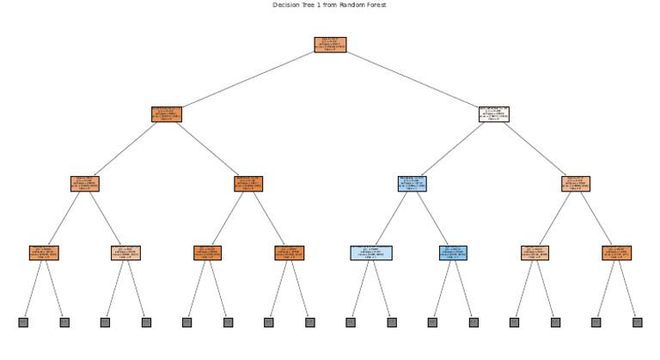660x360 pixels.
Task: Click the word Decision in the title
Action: (286, 5)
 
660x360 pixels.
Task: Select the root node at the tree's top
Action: (330, 45)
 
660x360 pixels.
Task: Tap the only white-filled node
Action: (493, 114)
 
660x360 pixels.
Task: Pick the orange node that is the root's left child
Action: (166, 114)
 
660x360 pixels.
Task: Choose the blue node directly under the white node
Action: (412, 184)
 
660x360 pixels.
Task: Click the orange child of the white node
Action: (575, 184)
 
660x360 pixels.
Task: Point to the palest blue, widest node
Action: (370, 253)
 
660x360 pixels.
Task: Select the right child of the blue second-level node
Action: (453, 253)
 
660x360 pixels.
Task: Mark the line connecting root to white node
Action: (412, 80)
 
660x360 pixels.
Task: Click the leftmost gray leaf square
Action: (23, 322)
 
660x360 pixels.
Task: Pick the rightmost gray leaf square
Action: (637, 322)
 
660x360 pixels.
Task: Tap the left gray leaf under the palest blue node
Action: (351, 322)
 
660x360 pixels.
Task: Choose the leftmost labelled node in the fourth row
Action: (44, 253)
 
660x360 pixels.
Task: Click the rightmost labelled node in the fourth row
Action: (616, 253)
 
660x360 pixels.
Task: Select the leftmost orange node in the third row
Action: (84, 184)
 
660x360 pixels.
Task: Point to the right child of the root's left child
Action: (247, 184)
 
